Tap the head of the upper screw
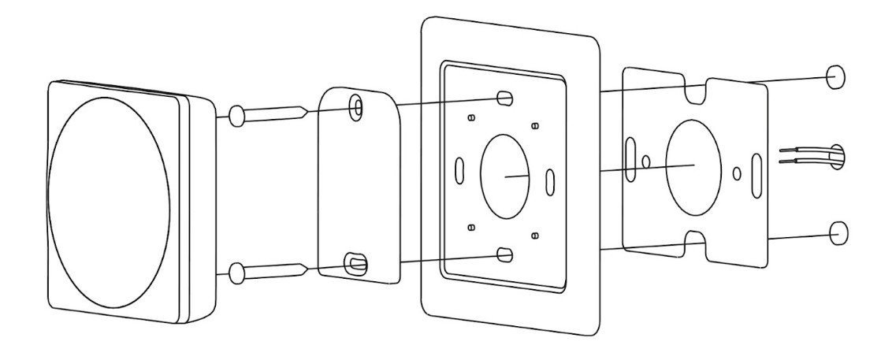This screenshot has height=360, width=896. pos(235,117)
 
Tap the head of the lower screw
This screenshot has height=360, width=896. pos(235,273)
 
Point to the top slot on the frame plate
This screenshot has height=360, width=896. pos(504,98)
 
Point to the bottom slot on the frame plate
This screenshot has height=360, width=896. pos(505,254)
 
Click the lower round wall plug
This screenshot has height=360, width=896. pos(837,232)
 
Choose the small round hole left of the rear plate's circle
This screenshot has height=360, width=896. pos(647,161)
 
